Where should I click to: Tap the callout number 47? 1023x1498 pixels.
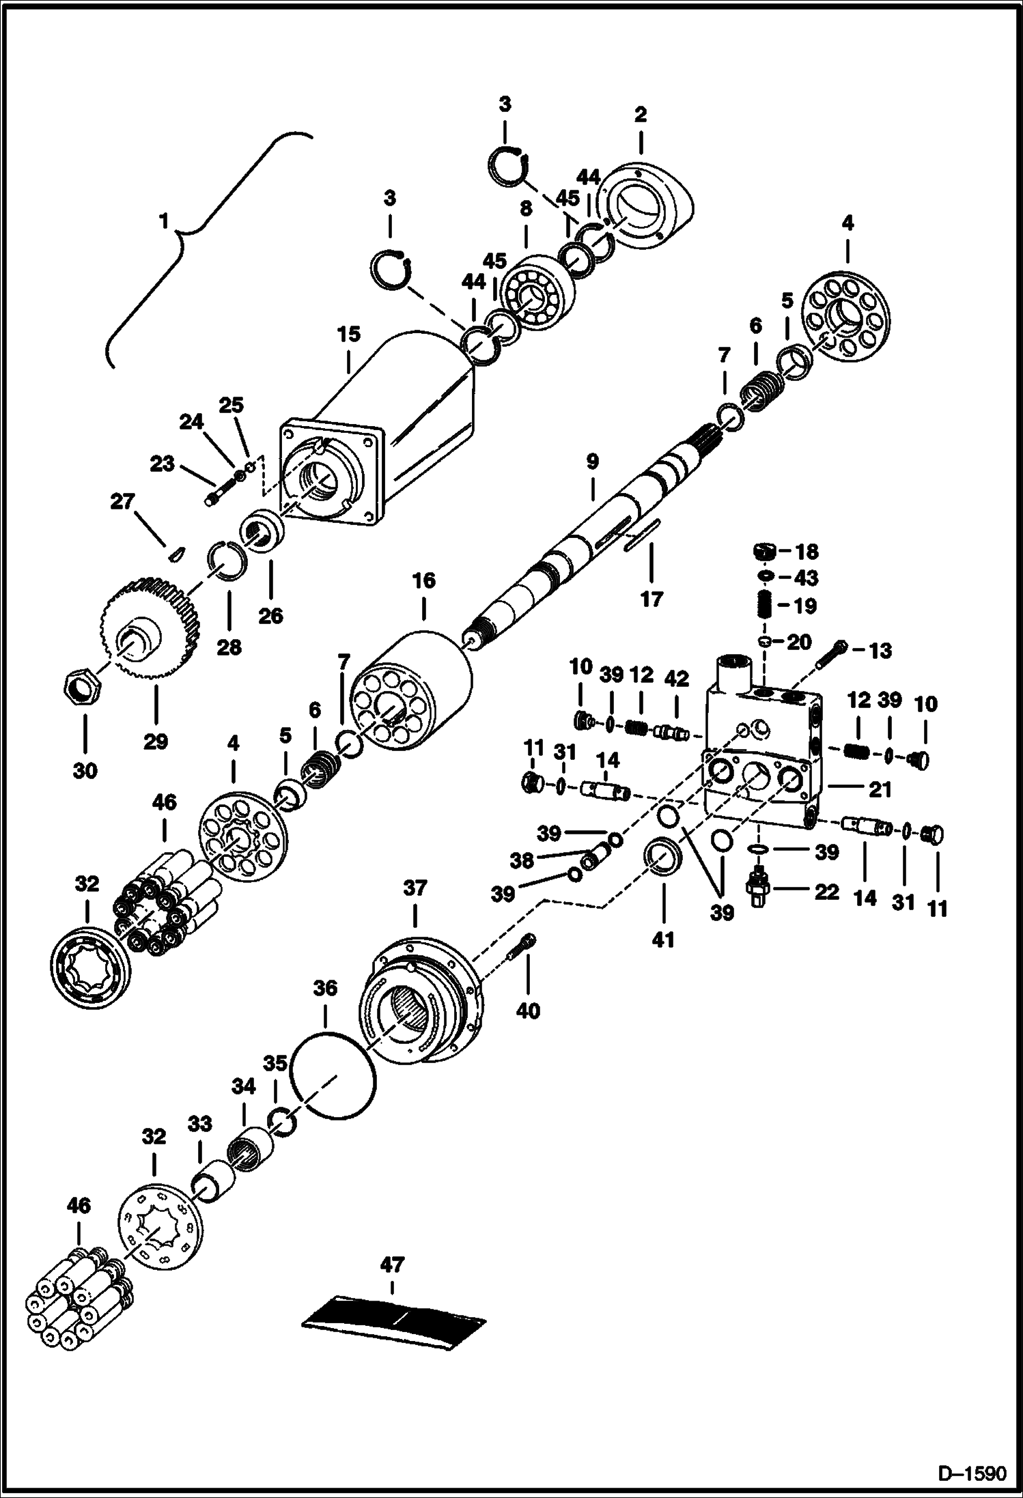tap(392, 1264)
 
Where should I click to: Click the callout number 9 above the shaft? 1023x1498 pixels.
tap(592, 462)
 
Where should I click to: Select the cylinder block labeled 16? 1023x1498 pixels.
tap(411, 690)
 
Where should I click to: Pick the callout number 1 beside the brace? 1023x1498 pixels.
tap(163, 221)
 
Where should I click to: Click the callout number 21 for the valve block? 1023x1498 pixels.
tap(880, 790)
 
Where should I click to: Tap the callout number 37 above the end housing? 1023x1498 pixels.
tap(415, 888)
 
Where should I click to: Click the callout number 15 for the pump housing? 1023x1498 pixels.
tap(348, 335)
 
